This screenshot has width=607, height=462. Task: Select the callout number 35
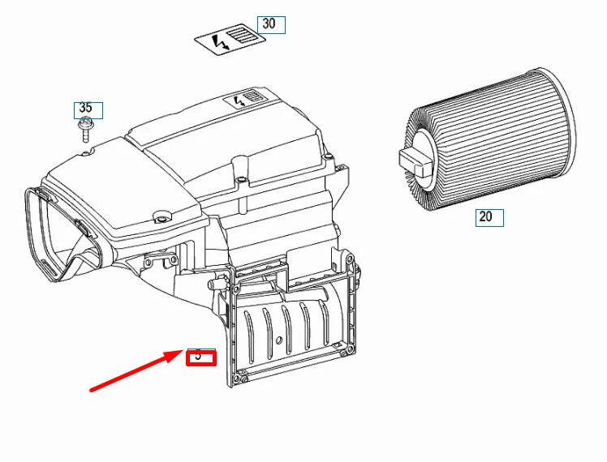86,108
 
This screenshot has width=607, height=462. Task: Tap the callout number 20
485,216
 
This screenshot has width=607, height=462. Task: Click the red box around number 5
200,357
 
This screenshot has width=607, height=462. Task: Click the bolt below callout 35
84,127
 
